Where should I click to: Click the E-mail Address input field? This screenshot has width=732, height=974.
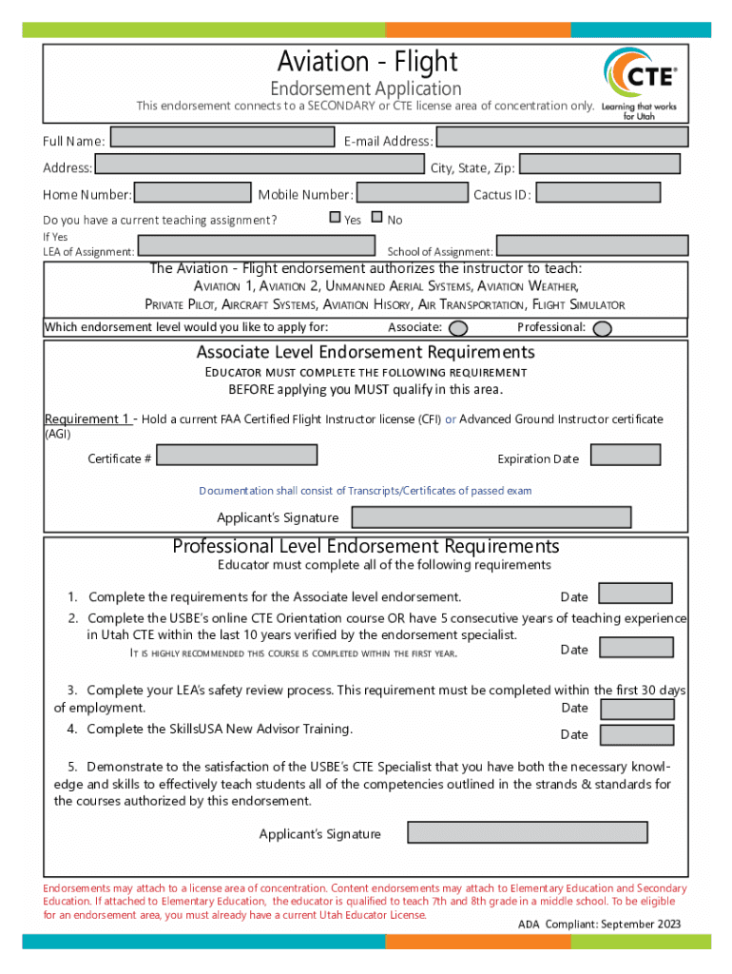pos(561,138)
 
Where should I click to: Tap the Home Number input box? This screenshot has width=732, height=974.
pos(192,193)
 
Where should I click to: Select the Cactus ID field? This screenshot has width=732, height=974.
pos(598,193)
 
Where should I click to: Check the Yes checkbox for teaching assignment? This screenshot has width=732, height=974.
pos(335,218)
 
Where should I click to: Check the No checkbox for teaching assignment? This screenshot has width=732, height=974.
pos(376,218)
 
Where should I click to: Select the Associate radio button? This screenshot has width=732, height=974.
pos(458,328)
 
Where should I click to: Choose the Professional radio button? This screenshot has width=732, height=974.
pos(601,328)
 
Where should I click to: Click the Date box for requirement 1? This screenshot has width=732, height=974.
pos(636,594)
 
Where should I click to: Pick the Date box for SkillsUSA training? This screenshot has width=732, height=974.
pos(638,734)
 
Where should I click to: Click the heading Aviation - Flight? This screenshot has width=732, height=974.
pos(367,63)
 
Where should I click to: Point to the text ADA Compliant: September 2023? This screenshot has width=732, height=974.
pos(599,925)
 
